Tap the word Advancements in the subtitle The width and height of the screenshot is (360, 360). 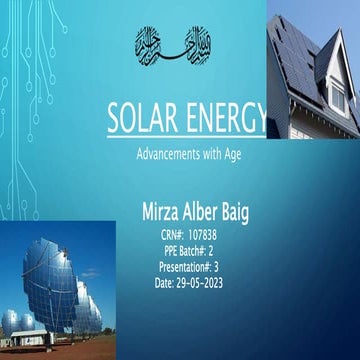pyautogui.click(x=169, y=156)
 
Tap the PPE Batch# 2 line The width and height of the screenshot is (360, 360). pyautogui.click(x=188, y=252)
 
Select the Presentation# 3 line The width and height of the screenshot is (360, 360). pyautogui.click(x=188, y=268)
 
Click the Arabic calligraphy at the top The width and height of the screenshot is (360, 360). pyautogui.click(x=175, y=43)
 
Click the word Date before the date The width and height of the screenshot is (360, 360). pyautogui.click(x=165, y=284)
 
